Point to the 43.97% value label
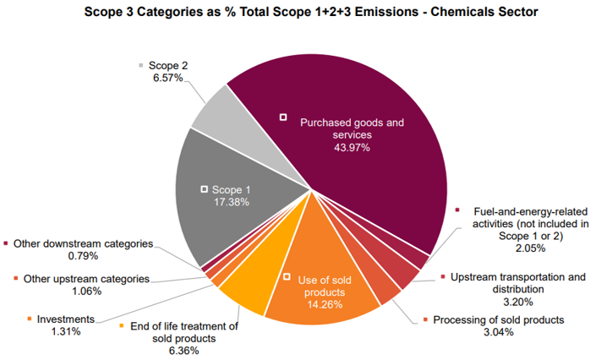353,148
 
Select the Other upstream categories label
86,279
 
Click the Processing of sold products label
498,319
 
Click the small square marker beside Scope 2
141,65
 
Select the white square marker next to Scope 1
203,190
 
